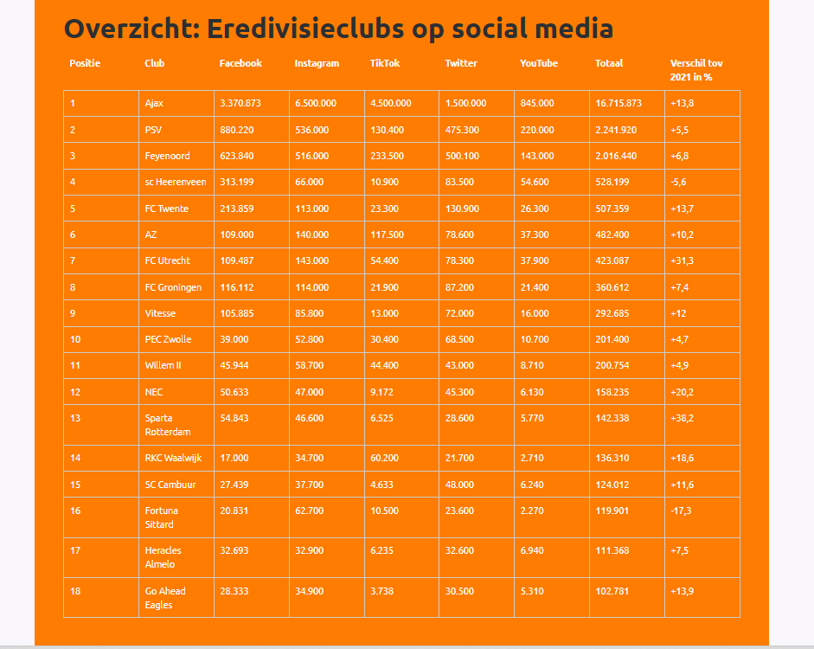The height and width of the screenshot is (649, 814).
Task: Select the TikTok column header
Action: point(385,63)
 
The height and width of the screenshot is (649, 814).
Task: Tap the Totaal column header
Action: point(608,63)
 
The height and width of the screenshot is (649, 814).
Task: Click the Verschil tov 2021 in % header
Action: point(696,70)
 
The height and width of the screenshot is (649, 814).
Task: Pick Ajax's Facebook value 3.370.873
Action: point(240,103)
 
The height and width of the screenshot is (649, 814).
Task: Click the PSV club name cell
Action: point(153,130)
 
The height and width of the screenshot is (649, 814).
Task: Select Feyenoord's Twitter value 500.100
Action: point(462,156)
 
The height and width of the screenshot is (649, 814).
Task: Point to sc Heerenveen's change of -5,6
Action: point(678,183)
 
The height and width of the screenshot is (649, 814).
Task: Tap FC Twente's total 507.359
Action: point(612,209)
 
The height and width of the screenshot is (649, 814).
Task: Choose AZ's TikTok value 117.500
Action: point(387,235)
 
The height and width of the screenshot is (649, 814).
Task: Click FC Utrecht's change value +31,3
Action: point(683,260)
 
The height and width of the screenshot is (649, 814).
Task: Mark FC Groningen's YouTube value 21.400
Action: point(535,287)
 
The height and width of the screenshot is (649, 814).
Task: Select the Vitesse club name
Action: point(160,313)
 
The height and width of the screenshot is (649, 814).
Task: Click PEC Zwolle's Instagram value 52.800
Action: point(310,339)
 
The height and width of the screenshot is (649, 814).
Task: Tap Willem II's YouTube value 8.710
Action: point(532,365)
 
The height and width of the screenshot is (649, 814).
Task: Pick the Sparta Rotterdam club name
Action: point(168,425)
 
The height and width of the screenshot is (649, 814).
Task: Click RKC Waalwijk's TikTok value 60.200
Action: point(385,458)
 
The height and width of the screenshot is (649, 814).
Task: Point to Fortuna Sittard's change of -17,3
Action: point(681,511)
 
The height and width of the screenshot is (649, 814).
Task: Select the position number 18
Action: point(75,591)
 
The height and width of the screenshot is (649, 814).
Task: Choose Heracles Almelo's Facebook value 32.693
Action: point(234,550)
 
